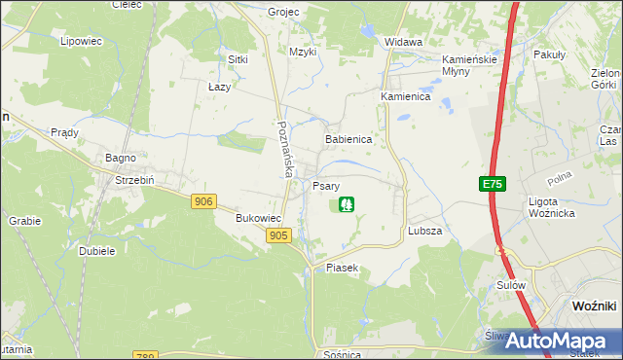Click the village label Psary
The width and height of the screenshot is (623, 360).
point(326,185)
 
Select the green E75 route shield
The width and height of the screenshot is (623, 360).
point(492,184)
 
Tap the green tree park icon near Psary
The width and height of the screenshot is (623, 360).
point(345,204)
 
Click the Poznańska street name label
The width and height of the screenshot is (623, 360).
point(284,149)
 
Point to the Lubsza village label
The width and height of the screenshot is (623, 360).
point(425,232)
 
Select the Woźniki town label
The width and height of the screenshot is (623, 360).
point(592,306)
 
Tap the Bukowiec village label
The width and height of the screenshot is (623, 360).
point(258,219)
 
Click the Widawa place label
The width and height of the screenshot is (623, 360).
point(403,43)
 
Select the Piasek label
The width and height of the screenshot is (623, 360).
point(343,268)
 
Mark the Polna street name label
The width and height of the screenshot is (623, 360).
point(559,179)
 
